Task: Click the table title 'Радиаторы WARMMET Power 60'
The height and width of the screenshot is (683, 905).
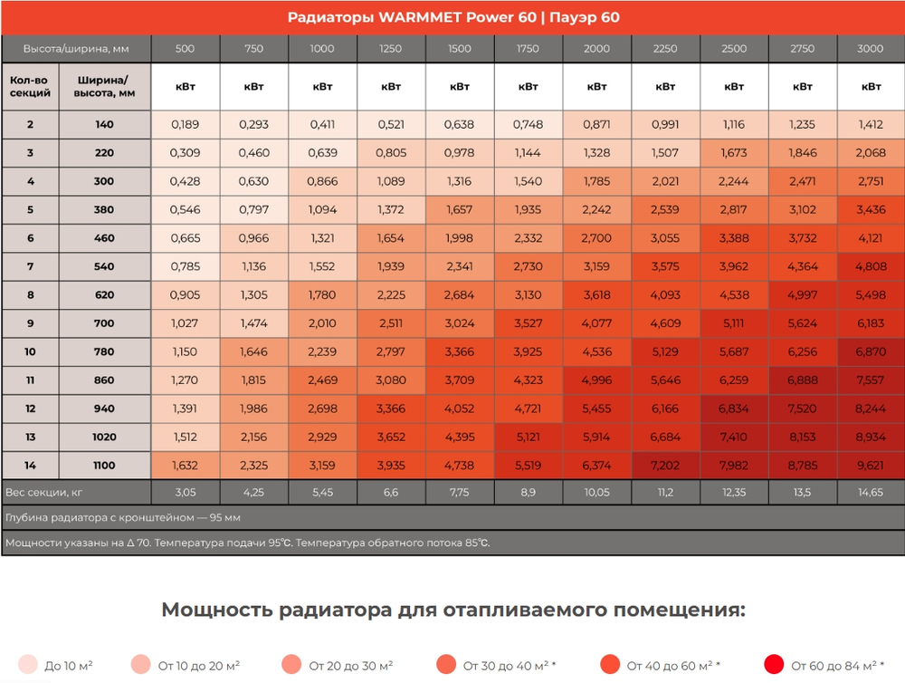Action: pyautogui.click(x=452, y=17)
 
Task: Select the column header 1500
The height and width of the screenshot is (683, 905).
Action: pyautogui.click(x=460, y=49)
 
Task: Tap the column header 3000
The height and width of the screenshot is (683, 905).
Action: pyautogui.click(x=871, y=49)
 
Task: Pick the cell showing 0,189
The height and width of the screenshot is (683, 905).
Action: pyautogui.click(x=186, y=125)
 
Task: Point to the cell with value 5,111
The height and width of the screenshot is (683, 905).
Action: pyautogui.click(x=734, y=323)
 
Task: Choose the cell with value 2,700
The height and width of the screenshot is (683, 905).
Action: pyautogui.click(x=597, y=238)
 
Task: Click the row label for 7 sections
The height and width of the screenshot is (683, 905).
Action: pyautogui.click(x=30, y=266)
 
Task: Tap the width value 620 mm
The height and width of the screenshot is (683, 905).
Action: pyautogui.click(x=104, y=295)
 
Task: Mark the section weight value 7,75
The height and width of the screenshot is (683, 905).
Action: pyautogui.click(x=460, y=493)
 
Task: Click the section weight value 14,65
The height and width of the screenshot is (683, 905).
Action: pyautogui.click(x=871, y=493)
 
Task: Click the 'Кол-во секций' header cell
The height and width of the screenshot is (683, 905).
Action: pyautogui.click(x=30, y=86)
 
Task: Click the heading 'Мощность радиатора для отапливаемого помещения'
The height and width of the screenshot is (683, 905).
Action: pyautogui.click(x=452, y=610)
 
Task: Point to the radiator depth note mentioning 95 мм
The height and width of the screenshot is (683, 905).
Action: pyautogui.click(x=123, y=519)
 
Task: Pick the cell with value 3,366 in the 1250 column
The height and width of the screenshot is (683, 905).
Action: pyautogui.click(x=391, y=409)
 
